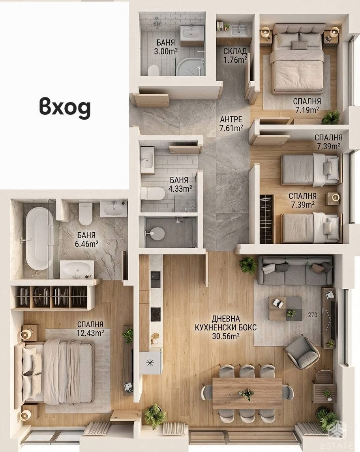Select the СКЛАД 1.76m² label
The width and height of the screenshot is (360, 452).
(235, 56)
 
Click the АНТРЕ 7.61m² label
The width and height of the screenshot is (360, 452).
(231, 124)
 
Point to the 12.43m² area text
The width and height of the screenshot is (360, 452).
(90, 333)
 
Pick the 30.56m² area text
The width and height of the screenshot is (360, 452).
(226, 336)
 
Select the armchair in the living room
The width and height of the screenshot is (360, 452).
(302, 352)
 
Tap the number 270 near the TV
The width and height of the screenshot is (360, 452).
(312, 315)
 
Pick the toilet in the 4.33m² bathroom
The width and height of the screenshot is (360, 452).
(153, 193)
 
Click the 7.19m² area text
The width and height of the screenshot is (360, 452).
(307, 110)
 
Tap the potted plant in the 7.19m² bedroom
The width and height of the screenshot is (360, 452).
(331, 117)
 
